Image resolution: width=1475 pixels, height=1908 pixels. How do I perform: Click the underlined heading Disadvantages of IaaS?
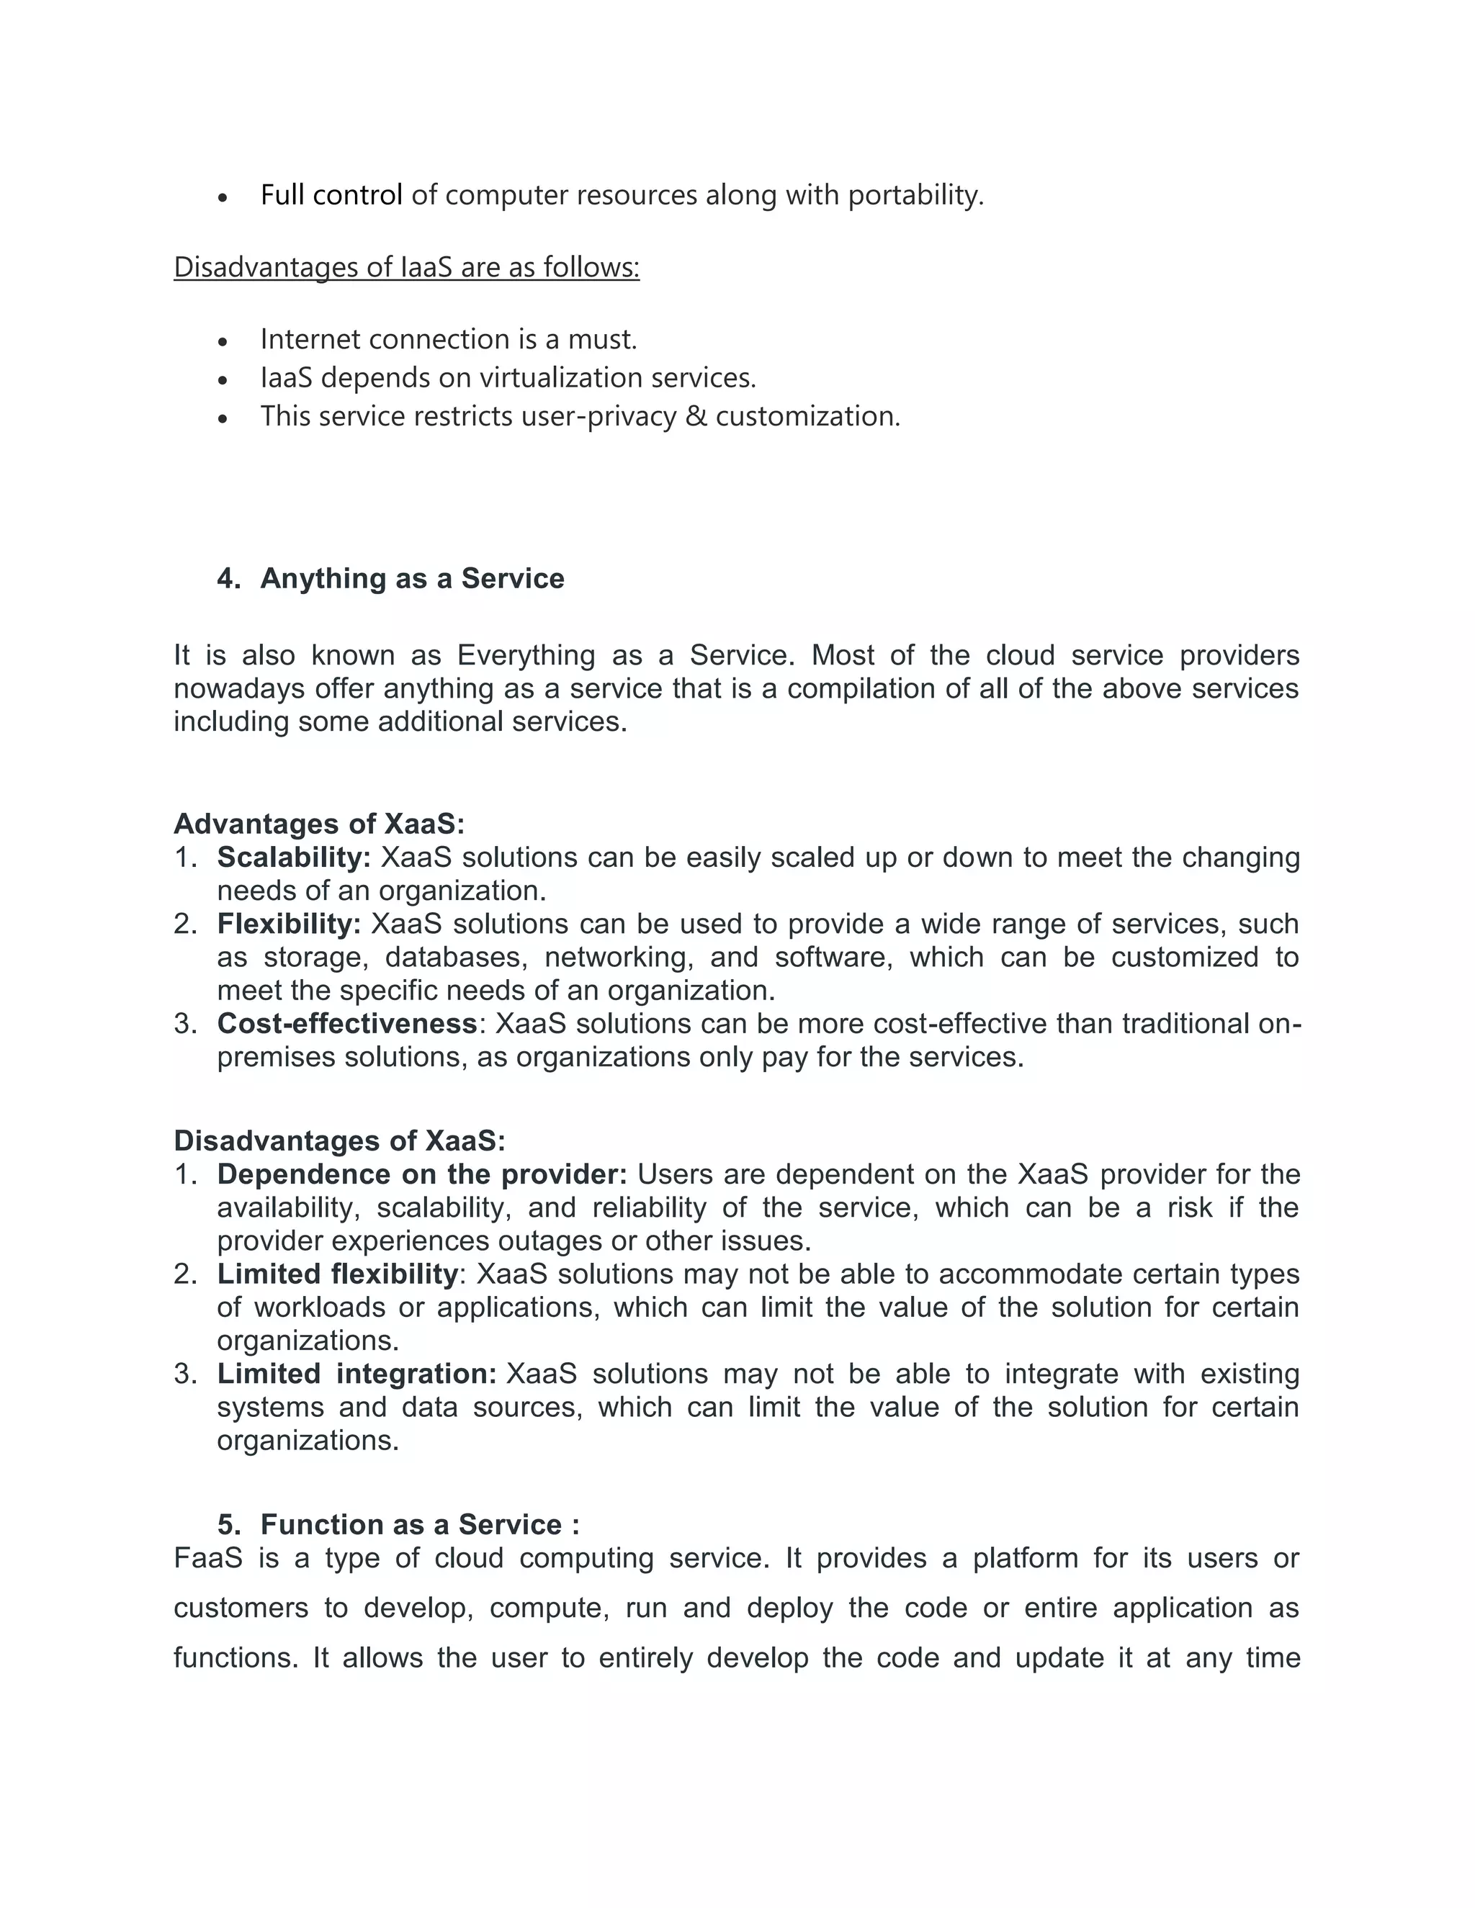coord(406,266)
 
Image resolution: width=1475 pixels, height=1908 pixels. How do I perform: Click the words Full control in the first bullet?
coord(331,195)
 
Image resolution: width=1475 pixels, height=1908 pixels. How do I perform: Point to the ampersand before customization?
coord(696,416)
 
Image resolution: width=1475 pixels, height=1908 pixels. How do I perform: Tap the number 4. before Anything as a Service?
coord(229,578)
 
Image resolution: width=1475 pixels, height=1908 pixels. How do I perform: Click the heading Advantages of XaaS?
coord(319,824)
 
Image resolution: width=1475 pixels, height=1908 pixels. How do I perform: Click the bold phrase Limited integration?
coord(357,1373)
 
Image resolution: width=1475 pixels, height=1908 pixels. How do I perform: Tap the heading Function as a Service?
coord(411,1524)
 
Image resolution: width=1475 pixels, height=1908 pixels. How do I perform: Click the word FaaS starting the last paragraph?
coord(208,1557)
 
